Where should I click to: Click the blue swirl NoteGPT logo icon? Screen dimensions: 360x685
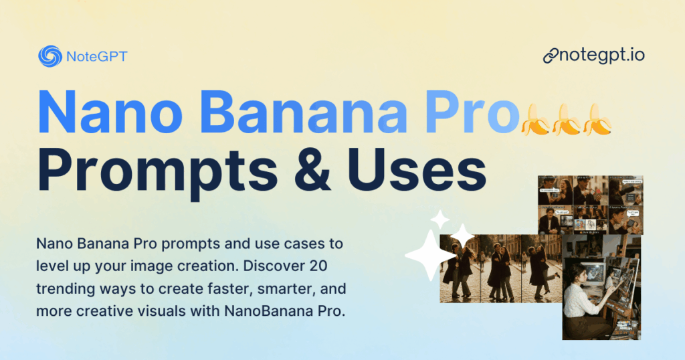(50, 56)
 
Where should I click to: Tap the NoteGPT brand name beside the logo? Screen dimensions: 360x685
(96, 57)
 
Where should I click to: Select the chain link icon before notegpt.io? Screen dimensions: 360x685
(551, 56)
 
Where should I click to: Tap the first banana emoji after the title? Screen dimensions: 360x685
(534, 120)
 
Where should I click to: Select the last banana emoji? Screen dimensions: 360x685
(597, 120)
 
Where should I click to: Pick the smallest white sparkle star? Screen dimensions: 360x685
(439, 218)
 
